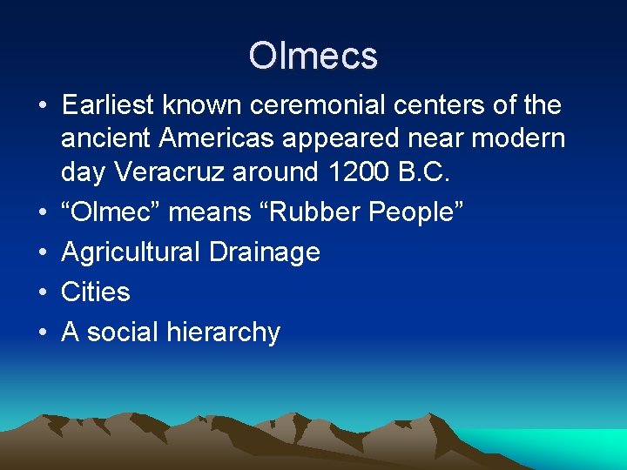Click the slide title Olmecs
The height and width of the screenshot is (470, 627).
(x=313, y=56)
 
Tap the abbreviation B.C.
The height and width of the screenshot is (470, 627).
(x=423, y=171)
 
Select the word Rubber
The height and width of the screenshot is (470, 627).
(x=332, y=211)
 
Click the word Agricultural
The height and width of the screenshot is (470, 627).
(x=131, y=252)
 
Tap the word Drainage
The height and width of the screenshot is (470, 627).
(x=265, y=252)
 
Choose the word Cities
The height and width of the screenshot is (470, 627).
(x=96, y=292)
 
